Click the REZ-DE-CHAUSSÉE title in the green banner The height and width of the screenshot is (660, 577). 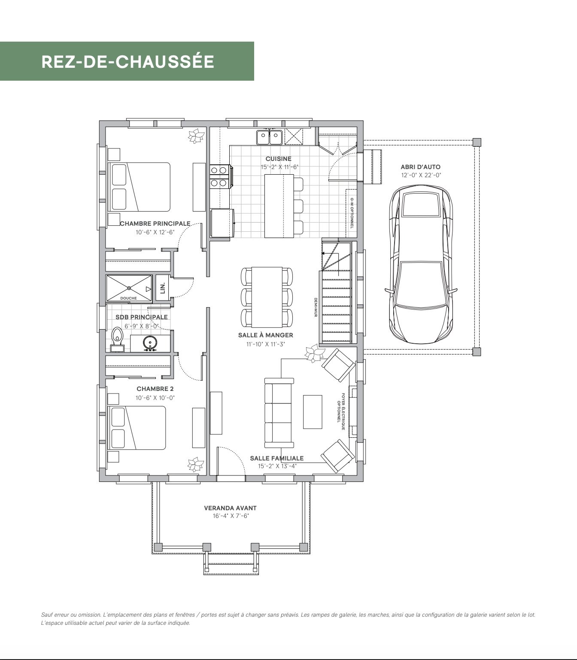[x=128, y=62]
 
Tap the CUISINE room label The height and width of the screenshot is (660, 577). [x=279, y=159]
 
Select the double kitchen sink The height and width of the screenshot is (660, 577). [x=269, y=137]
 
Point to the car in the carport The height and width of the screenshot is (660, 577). [x=421, y=264]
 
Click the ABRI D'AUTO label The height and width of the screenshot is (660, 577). [x=420, y=167]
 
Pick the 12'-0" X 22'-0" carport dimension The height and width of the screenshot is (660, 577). [x=421, y=175]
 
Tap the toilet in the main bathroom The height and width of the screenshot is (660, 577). [x=118, y=339]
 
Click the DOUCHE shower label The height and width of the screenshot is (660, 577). [x=128, y=298]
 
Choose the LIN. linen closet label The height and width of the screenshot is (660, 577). [x=163, y=288]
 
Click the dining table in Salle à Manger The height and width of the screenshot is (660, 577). [x=267, y=297]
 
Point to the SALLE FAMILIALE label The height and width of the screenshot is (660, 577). [x=277, y=458]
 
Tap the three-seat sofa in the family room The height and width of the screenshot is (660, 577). [x=279, y=413]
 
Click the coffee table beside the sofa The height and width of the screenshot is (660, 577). [x=313, y=412]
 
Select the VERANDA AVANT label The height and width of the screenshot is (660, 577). [x=230, y=508]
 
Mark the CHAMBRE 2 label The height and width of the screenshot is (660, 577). [x=155, y=389]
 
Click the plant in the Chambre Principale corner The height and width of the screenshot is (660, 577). [x=196, y=136]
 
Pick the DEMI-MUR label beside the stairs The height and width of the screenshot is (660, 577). [x=316, y=307]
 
